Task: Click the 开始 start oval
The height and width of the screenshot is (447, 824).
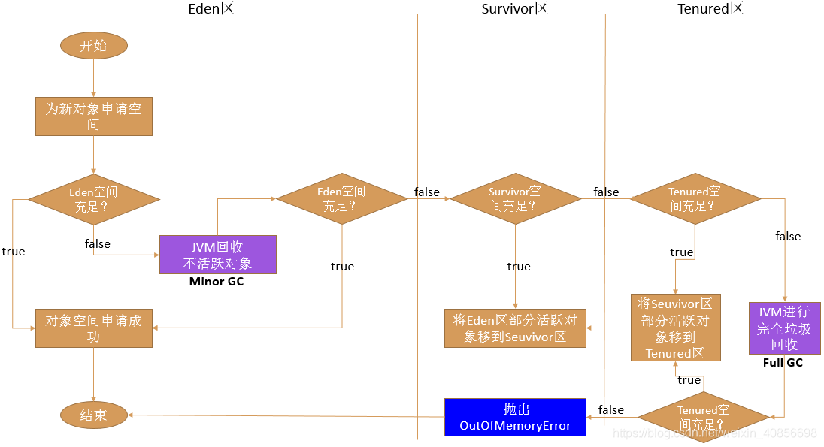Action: click(x=93, y=46)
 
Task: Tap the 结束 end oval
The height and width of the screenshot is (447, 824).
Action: click(x=93, y=415)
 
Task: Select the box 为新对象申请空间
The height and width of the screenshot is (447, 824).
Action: click(x=93, y=116)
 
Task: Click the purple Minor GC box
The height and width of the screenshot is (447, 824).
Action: click(x=217, y=255)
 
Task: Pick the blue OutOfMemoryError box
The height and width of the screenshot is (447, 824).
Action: click(x=515, y=417)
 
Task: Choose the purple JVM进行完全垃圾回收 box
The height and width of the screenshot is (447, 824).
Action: click(x=785, y=328)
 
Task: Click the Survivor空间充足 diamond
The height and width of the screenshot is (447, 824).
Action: click(x=516, y=198)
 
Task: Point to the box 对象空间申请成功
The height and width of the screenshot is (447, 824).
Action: click(x=93, y=328)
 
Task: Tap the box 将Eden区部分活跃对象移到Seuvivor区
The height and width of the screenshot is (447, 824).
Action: click(x=515, y=328)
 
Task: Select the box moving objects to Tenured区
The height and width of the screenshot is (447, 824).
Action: click(x=675, y=328)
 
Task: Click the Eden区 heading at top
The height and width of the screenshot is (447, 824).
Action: click(x=211, y=8)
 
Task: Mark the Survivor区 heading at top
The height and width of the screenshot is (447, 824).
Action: click(x=514, y=8)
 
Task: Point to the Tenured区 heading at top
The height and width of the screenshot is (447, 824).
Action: click(x=710, y=8)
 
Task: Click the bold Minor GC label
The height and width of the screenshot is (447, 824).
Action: click(x=217, y=282)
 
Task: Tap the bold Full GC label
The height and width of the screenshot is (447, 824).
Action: click(x=783, y=362)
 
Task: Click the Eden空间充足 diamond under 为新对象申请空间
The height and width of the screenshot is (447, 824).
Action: click(x=94, y=200)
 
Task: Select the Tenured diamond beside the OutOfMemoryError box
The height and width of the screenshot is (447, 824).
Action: click(x=704, y=417)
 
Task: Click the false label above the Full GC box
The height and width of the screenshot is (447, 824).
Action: click(x=788, y=237)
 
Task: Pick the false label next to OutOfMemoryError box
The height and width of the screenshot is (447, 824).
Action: click(x=610, y=409)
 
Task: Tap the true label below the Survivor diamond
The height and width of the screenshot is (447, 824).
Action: click(x=519, y=267)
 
